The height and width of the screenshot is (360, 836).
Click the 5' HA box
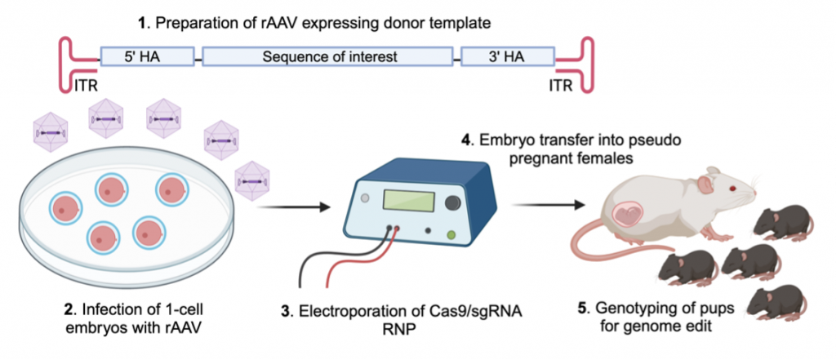147,57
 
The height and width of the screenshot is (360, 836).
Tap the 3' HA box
506,57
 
